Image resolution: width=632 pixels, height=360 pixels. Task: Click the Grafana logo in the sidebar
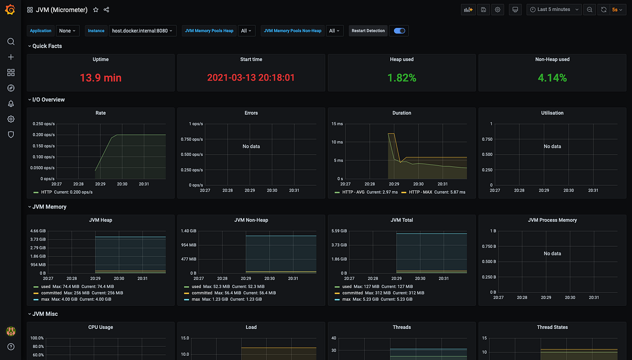click(11, 9)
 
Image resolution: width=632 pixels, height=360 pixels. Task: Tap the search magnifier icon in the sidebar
click(11, 42)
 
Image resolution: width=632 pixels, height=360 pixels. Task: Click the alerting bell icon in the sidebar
click(11, 104)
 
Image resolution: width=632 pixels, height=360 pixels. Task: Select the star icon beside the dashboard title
click(95, 9)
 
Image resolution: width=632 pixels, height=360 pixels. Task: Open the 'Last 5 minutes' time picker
click(554, 9)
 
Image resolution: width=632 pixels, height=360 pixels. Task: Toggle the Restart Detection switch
click(400, 31)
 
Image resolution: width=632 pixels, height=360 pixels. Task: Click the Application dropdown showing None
click(68, 31)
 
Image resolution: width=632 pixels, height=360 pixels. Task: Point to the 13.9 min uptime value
click(101, 78)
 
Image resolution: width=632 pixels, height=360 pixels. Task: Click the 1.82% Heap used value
click(402, 78)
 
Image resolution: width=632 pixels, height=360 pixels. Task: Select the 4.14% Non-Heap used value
click(552, 78)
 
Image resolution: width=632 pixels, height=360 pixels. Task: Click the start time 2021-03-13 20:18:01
click(251, 78)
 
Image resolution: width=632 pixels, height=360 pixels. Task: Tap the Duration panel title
click(402, 113)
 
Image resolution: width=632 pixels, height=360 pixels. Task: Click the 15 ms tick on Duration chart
click(338, 124)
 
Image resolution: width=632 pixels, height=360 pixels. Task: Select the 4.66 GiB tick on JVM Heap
click(38, 231)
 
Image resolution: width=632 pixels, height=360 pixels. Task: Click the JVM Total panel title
click(402, 220)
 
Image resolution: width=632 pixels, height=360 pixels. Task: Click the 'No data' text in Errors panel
click(251, 146)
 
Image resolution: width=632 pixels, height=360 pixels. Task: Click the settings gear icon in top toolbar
click(498, 9)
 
